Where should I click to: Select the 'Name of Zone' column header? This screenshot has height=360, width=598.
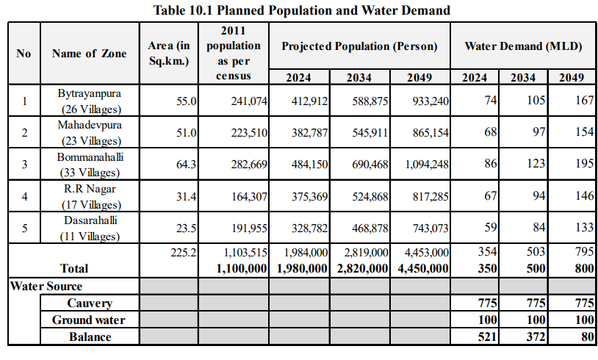coord(89,54)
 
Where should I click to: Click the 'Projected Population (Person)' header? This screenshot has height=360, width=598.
coord(359,46)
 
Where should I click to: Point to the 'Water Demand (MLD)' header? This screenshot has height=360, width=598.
coord(523,46)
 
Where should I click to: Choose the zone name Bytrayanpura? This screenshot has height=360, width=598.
coord(89,94)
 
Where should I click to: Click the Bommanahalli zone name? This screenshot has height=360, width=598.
coord(89,157)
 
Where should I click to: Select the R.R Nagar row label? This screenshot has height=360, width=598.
coord(89,190)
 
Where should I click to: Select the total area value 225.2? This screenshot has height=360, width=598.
coord(183,253)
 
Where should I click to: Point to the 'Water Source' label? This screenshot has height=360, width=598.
coord(46,286)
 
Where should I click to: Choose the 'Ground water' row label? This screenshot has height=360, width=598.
coord(89,320)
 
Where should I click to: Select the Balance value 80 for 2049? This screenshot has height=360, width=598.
coord(585,336)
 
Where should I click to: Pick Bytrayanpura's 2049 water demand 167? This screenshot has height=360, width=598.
coord(584,101)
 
